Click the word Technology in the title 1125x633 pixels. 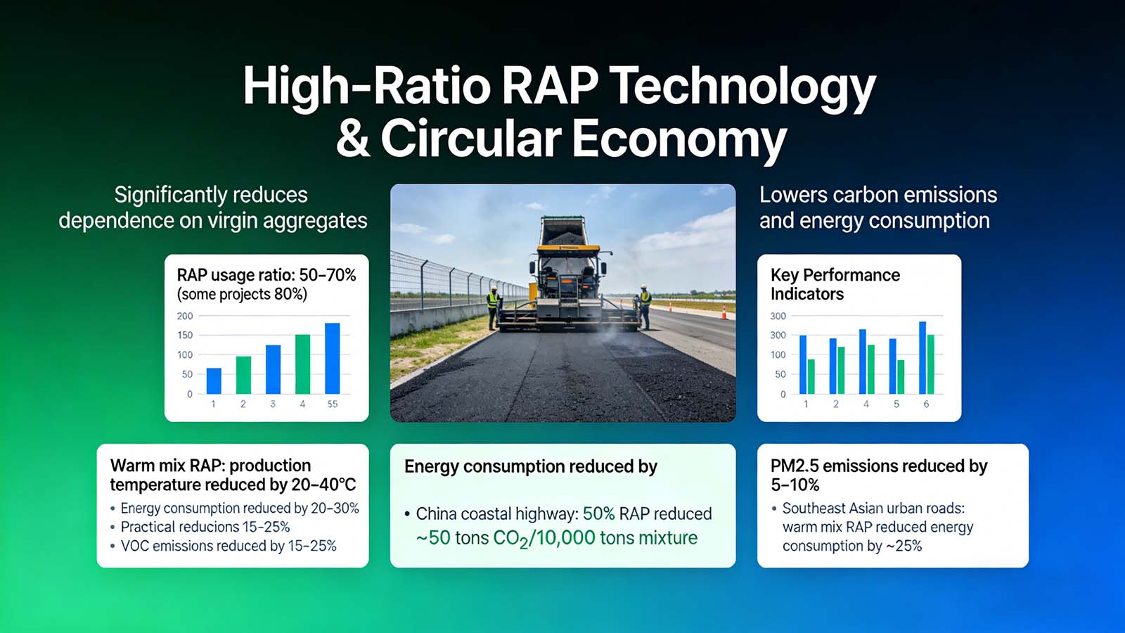tap(742, 87)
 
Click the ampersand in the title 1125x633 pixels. tap(353, 139)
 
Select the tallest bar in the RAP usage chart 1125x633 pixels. tap(333, 358)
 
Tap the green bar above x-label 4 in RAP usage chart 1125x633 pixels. tap(302, 364)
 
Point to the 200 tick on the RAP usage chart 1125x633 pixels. tap(185, 316)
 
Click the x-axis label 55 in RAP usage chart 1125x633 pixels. tap(333, 404)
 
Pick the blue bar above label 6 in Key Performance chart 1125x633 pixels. tap(922, 357)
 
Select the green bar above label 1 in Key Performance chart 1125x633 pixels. tap(811, 376)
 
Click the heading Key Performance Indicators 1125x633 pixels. tap(835, 284)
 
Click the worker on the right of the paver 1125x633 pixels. tap(644, 305)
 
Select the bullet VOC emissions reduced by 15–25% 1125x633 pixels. tap(229, 546)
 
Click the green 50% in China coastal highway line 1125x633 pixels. tap(598, 514)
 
